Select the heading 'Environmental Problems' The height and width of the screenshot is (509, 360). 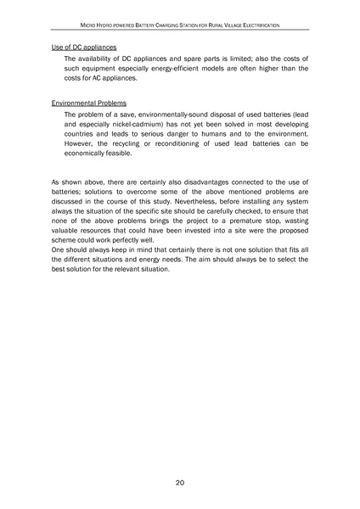pyautogui.click(x=88, y=102)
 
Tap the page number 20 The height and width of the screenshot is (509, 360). pyautogui.click(x=180, y=483)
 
